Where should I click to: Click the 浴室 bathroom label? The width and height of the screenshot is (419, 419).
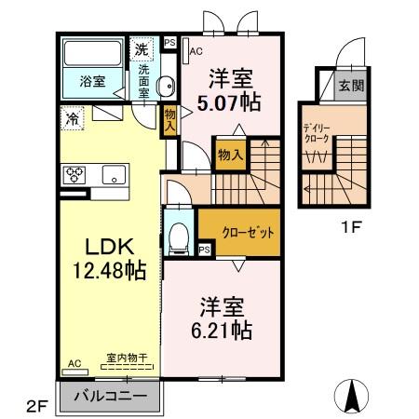91,81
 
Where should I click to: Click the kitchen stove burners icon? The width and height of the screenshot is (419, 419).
75,174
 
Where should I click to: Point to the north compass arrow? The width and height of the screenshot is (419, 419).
355,396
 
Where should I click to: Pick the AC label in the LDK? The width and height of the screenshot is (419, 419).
74,364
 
